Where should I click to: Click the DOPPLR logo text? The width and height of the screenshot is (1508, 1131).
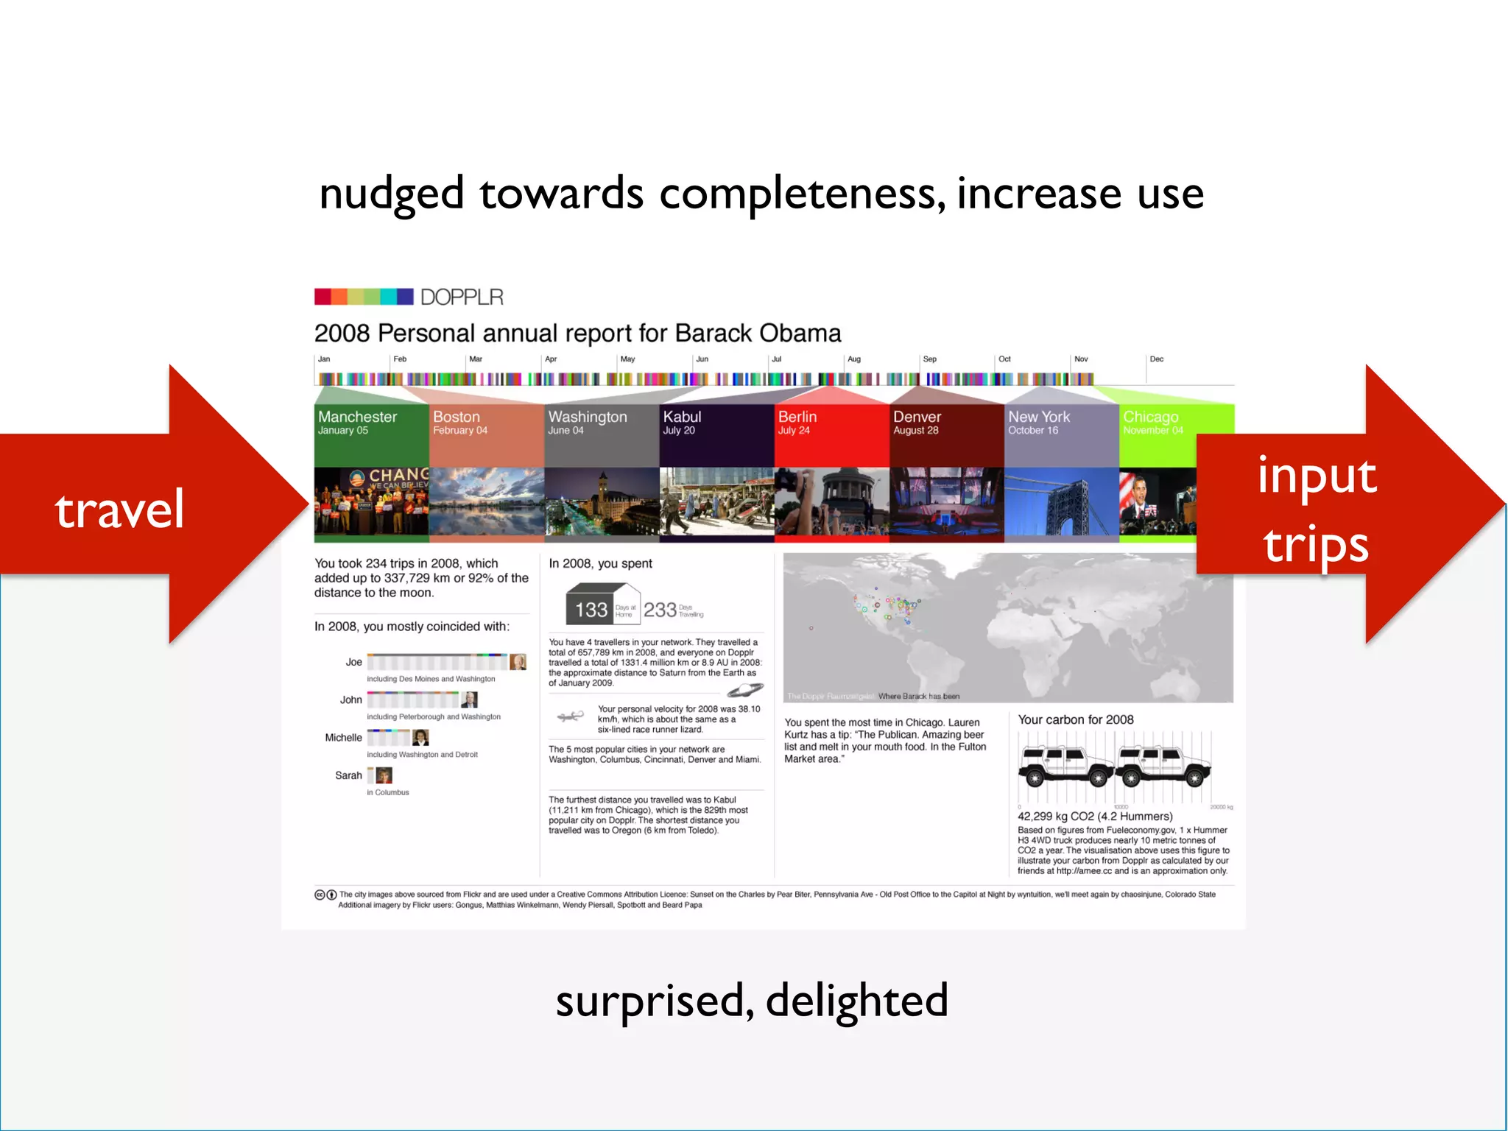pos(462,297)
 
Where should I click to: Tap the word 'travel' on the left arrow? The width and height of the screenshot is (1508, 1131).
pos(119,509)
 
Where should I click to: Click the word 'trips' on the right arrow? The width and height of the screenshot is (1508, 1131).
pos(1316,545)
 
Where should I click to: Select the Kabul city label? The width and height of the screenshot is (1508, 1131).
pos(682,417)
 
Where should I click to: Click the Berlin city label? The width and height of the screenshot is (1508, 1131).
pos(797,417)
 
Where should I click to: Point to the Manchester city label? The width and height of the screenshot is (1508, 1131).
pos(357,417)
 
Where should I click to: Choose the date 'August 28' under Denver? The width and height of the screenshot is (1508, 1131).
pos(916,431)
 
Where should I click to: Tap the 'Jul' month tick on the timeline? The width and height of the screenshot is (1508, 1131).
pos(776,359)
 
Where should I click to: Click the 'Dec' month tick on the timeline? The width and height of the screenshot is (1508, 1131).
pos(1156,359)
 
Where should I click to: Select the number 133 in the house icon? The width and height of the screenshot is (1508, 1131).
pos(591,610)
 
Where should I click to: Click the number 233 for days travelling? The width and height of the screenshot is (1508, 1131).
pos(660,610)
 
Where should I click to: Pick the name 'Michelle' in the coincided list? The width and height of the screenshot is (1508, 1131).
pos(343,738)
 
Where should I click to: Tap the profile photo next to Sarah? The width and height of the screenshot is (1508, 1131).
pos(384,775)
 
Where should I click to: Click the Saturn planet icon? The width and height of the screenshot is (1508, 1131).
pos(745,690)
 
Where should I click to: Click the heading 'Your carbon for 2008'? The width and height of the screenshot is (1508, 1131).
pos(1075,719)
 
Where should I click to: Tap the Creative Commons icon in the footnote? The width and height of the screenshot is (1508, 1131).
pos(320,895)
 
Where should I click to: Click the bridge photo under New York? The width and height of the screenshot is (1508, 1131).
pos(1061,504)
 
